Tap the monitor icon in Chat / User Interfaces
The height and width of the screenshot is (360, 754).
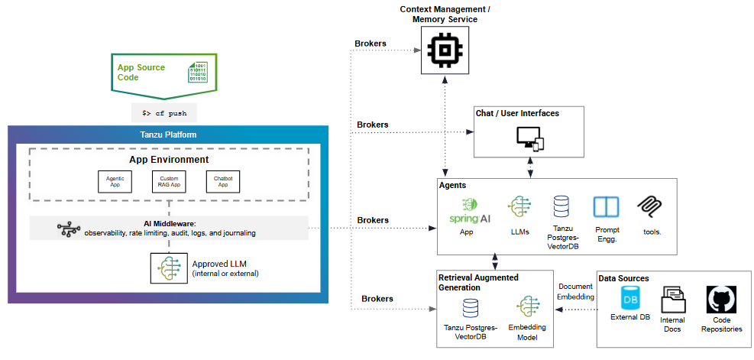coord(529,138)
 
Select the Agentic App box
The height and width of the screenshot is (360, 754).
coord(115,181)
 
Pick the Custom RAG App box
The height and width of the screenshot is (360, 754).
coord(169,181)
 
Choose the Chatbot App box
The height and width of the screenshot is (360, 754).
coord(222,181)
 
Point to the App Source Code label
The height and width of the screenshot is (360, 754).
coord(141,73)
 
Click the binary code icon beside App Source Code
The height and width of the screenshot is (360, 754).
coord(198,72)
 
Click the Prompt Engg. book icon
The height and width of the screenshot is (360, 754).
coord(606,208)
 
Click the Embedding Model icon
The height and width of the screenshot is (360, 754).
coord(528,308)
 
